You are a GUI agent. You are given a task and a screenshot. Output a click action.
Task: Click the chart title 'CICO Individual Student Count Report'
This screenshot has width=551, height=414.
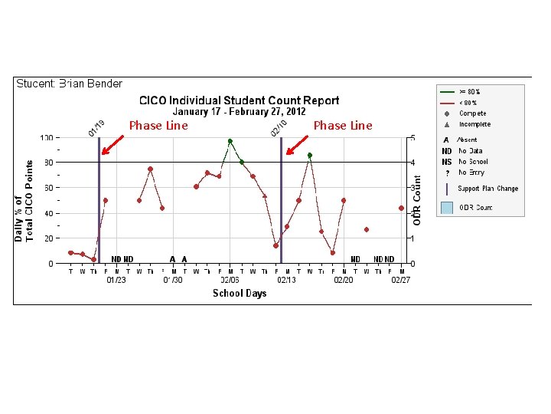[238, 100]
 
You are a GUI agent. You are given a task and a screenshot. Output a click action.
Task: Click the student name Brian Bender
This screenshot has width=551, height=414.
[70, 84]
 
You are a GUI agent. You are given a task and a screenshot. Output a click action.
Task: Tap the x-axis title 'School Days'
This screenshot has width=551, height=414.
[239, 294]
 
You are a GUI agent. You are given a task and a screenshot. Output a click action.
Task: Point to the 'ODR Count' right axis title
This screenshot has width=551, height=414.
[417, 200]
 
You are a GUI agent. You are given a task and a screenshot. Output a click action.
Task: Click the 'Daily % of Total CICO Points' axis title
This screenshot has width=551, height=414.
[24, 201]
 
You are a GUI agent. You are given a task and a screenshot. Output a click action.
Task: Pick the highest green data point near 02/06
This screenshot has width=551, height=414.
[230, 142]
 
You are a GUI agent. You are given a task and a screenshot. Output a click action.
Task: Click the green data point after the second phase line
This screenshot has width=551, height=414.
[310, 156]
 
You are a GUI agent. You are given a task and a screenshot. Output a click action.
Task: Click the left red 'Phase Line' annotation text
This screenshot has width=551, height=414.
[158, 126]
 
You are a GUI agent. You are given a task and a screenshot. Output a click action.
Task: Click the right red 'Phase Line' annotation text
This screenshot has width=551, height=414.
[343, 126]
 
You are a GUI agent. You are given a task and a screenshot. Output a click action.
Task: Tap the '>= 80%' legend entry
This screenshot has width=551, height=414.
[469, 92]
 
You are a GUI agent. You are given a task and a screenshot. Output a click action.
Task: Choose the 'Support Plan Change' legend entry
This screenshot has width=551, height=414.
[487, 189]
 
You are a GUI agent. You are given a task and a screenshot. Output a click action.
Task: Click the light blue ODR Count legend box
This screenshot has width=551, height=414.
[447, 208]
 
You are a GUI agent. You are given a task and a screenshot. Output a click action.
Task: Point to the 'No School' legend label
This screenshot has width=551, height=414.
[473, 162]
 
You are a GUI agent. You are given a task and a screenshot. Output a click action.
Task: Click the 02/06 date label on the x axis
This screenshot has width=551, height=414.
[230, 281]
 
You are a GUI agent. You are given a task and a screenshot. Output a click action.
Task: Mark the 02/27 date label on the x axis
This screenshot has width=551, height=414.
[401, 281]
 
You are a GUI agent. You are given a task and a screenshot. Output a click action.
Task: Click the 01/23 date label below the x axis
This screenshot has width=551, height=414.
[116, 281]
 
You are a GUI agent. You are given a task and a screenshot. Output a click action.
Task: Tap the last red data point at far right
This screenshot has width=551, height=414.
[401, 208]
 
